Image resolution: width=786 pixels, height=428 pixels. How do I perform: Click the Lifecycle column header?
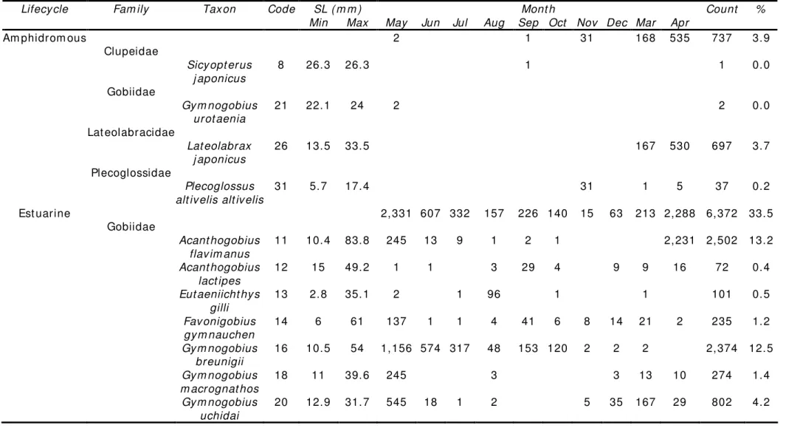tap(44, 9)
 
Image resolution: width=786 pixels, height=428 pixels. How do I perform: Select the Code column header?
tap(281, 9)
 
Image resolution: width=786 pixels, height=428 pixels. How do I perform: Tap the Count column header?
tap(722, 9)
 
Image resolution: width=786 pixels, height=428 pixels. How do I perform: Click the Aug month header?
tap(494, 23)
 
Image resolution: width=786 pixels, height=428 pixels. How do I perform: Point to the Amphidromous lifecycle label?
tap(44, 38)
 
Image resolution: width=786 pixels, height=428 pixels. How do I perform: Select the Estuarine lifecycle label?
tap(44, 214)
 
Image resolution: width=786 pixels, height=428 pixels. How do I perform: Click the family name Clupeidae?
tap(131, 51)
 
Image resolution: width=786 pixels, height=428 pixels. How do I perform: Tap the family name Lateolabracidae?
tap(131, 132)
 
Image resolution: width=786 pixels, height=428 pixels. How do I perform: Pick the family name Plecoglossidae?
tap(131, 173)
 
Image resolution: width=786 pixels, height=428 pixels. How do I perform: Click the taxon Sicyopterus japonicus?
tap(219, 71)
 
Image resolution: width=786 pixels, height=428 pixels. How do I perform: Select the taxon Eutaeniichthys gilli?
tap(219, 301)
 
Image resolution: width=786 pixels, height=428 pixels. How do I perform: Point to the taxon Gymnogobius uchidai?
tap(219, 409)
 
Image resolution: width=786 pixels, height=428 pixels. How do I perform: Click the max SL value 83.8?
tap(357, 241)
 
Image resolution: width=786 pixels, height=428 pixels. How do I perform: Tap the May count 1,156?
tap(396, 349)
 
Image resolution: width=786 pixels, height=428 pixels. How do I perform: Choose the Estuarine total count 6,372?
tap(722, 214)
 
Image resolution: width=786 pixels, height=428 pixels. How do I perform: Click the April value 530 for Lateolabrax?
tap(679, 146)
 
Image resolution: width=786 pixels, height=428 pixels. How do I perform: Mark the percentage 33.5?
tap(760, 214)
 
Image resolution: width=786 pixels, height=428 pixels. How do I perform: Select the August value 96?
tap(494, 294)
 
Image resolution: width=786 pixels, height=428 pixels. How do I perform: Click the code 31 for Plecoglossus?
tap(280, 186)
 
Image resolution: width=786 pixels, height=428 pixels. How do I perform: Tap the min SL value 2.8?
tap(318, 294)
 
